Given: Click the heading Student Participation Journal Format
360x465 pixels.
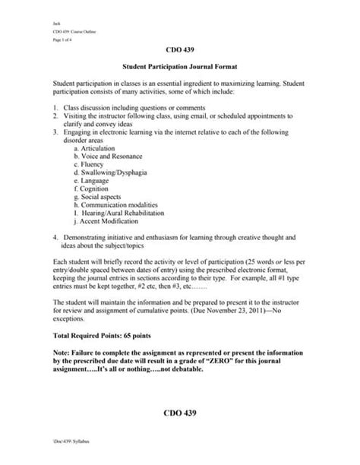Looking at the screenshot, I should [x=179, y=67].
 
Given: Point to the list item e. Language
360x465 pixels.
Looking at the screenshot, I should [x=90, y=182].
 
